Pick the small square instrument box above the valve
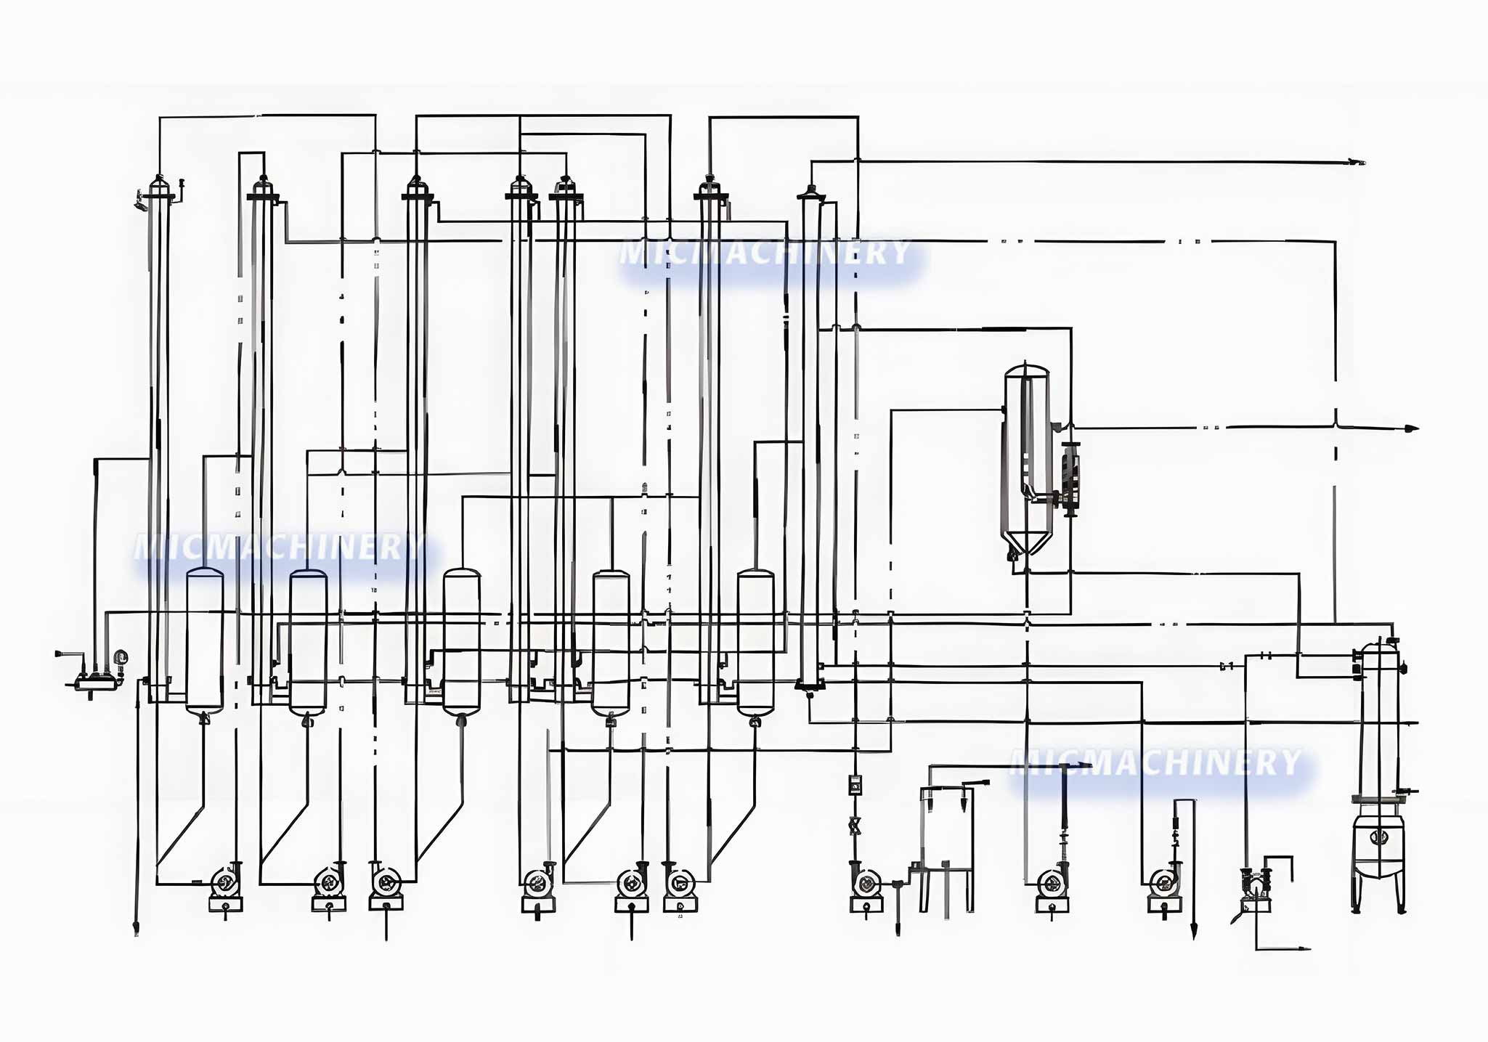pyautogui.click(x=855, y=783)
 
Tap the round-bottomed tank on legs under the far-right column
pyautogui.click(x=1378, y=850)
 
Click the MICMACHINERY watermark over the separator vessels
pyautogui.click(x=280, y=548)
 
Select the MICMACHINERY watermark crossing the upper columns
pyautogui.click(x=765, y=253)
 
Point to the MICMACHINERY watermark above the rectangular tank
pyautogui.click(x=1155, y=762)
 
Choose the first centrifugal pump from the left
pyautogui.click(x=224, y=883)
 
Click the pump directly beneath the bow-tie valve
pyautogui.click(x=866, y=884)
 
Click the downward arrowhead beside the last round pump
pyautogui.click(x=1193, y=934)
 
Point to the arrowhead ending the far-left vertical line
pyautogui.click(x=137, y=930)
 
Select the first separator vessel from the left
pyautogui.click(x=204, y=639)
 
